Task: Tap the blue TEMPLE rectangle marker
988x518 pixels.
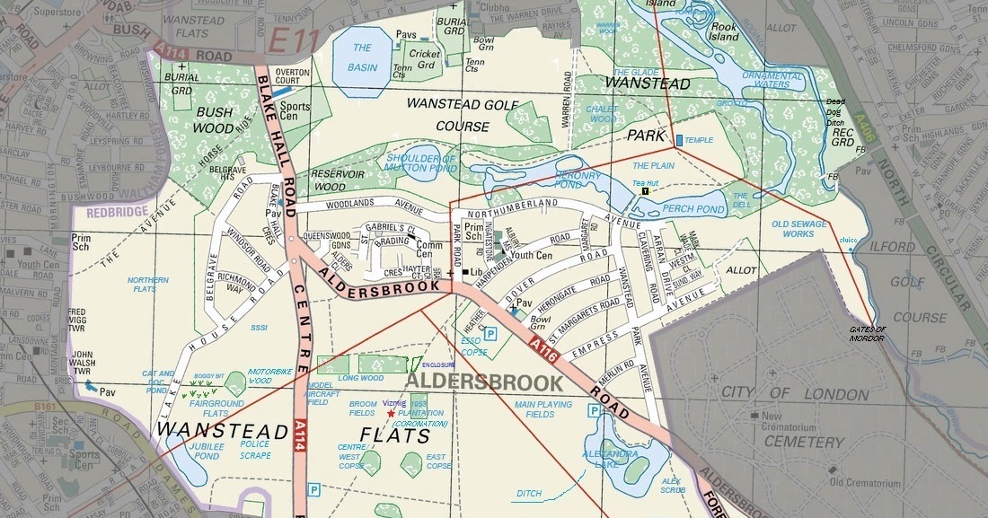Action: pyautogui.click(x=678, y=140)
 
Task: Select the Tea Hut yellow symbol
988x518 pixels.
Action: pyautogui.click(x=645, y=191)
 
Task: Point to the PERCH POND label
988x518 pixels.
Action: pyautogui.click(x=692, y=209)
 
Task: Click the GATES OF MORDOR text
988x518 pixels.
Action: pyautogui.click(x=867, y=333)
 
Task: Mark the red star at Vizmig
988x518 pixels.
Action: pyautogui.click(x=390, y=413)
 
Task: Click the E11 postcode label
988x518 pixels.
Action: pyautogui.click(x=295, y=39)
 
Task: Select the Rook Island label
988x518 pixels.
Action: pyautogui.click(x=724, y=32)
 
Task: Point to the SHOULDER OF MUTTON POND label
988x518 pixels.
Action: pyautogui.click(x=421, y=162)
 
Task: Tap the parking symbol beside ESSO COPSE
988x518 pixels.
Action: pyautogui.click(x=490, y=333)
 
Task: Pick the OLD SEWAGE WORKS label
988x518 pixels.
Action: pyautogui.click(x=799, y=229)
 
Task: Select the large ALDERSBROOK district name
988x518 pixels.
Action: pyautogui.click(x=484, y=382)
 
